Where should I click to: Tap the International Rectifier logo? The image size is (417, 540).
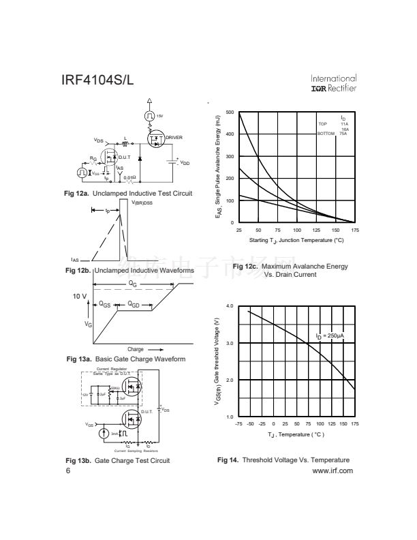point(333,83)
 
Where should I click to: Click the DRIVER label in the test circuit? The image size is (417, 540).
point(174,138)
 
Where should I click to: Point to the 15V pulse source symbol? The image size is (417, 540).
point(149,117)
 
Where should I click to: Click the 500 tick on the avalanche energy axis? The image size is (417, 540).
point(230,112)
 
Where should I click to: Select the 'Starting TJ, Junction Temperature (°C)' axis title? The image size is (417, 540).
point(296,241)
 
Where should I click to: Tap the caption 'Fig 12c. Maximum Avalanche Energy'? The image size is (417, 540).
point(290,266)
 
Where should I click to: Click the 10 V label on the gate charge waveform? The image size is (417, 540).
point(80,297)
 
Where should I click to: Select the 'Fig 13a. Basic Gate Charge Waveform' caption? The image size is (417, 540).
point(126,359)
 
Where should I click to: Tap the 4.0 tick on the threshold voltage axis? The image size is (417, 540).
point(230,306)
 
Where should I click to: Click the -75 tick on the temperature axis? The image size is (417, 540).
point(238,424)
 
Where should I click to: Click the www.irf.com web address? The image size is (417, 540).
point(332,470)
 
